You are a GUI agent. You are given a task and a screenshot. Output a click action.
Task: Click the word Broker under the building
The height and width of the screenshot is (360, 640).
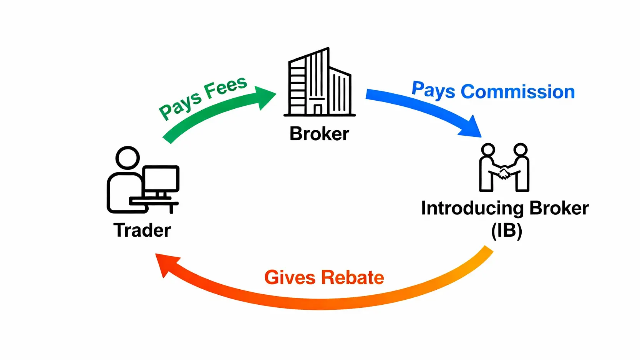point(319,134)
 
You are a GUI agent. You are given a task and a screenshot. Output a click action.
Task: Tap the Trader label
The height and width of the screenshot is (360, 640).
point(142,230)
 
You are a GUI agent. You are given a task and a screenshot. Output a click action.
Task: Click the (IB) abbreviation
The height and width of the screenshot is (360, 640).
point(507,231)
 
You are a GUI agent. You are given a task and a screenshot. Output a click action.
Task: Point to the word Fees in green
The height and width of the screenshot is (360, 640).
point(225,87)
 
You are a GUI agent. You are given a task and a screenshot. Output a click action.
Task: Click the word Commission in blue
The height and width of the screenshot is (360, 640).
point(517,92)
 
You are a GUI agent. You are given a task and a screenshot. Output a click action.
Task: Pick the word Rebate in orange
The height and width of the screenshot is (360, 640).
point(353,277)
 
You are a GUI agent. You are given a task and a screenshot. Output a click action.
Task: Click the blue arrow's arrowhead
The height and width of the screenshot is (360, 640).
point(471,128)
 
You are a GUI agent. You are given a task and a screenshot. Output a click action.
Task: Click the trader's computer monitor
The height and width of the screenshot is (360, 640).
point(161,178)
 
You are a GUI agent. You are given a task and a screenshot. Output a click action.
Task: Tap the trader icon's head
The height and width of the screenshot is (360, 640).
point(128,158)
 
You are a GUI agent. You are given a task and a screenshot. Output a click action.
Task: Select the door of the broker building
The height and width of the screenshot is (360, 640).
point(318,109)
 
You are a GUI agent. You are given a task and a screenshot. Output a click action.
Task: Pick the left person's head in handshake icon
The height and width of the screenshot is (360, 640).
point(488,150)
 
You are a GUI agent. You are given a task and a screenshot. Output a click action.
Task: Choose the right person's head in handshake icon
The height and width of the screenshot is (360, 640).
point(521,150)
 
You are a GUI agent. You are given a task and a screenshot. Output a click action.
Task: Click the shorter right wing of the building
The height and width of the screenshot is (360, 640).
point(340,92)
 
